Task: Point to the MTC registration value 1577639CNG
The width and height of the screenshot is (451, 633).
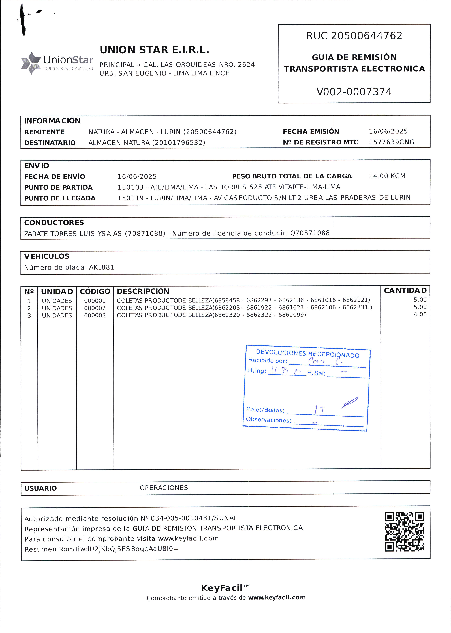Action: tap(391, 142)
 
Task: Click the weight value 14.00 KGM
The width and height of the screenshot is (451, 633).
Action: tap(387, 176)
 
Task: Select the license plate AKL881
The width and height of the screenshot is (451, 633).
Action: tap(102, 267)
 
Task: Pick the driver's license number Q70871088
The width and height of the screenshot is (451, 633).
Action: tap(310, 233)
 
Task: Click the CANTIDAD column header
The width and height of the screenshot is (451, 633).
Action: tap(405, 291)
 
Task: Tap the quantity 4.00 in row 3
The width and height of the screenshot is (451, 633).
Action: tap(420, 314)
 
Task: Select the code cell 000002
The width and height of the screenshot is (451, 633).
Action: tap(95, 308)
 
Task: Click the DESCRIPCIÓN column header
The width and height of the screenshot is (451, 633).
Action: tap(143, 291)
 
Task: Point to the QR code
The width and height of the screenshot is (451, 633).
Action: tap(404, 532)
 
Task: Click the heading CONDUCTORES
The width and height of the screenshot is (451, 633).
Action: tap(54, 223)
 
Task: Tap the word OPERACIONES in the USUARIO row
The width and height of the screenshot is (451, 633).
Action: tap(164, 488)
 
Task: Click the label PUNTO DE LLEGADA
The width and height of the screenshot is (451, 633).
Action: tap(60, 198)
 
